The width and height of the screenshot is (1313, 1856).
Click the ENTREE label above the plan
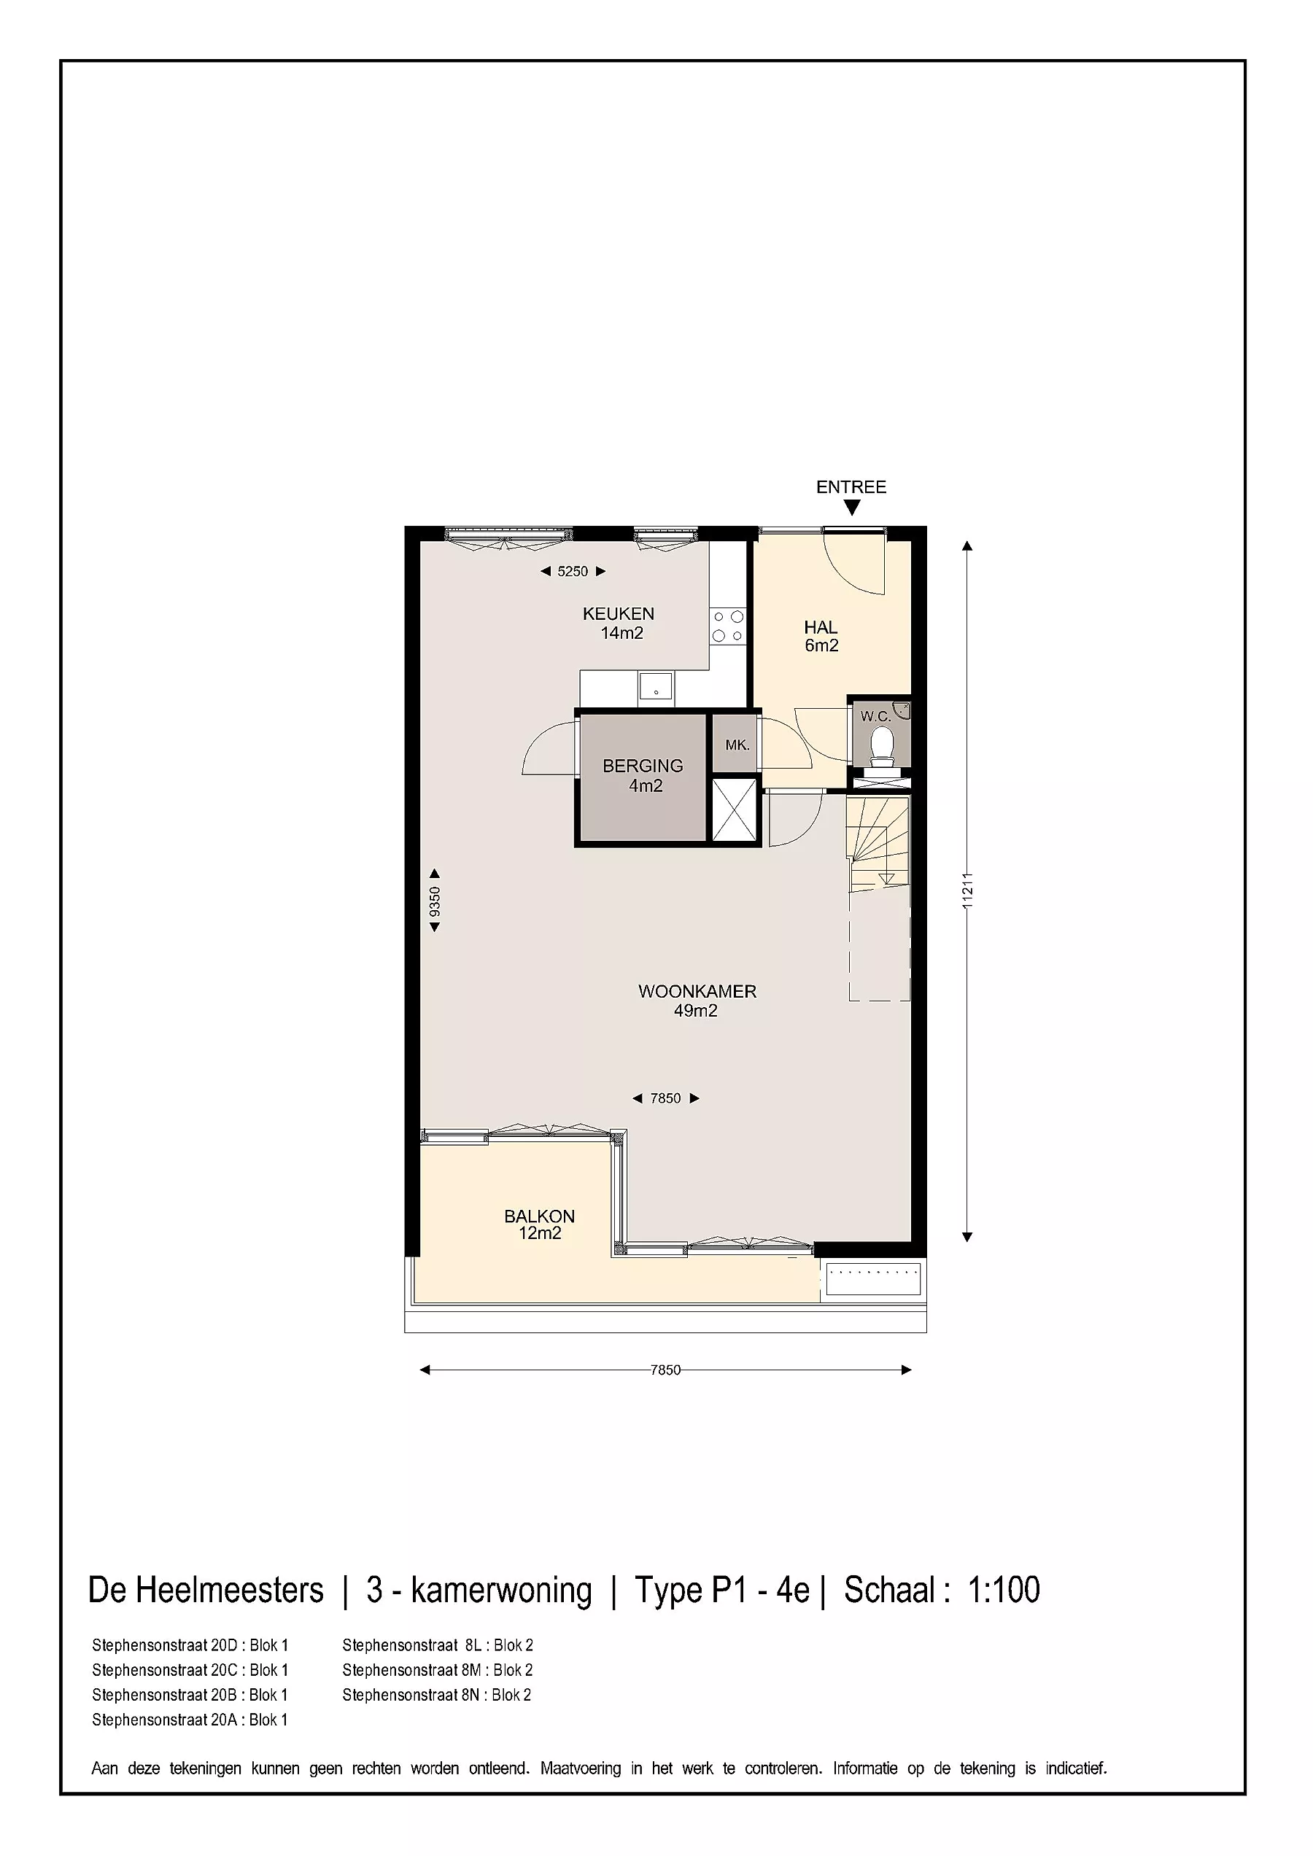[851, 486]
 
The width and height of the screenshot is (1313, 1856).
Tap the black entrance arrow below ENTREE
[851, 508]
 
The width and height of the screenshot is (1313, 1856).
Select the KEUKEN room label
[619, 613]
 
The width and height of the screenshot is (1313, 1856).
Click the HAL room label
[821, 627]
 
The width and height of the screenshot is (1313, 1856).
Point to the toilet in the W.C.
[880, 748]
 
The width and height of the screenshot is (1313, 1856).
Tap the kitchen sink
[656, 687]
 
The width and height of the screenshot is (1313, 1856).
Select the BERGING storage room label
[643, 766]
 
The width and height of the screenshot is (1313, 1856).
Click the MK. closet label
[737, 745]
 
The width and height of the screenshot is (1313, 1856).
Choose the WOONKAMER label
[697, 991]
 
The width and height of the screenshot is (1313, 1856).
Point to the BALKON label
[539, 1216]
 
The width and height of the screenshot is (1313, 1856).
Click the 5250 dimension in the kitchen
[573, 572]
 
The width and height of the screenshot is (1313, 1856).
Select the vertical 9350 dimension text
[435, 901]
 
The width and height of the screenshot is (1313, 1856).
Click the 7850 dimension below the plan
[665, 1370]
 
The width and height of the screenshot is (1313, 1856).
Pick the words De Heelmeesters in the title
[206, 1589]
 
